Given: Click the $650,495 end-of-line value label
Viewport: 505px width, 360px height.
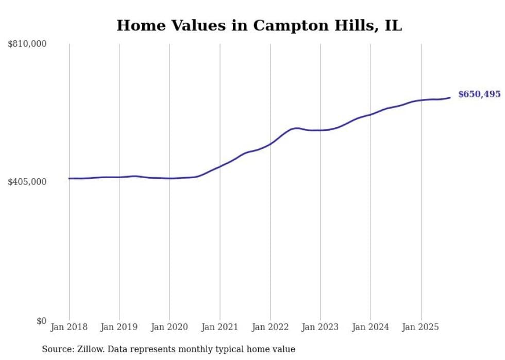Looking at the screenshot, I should (x=479, y=94).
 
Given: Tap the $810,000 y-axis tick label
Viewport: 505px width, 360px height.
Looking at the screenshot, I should (x=27, y=44).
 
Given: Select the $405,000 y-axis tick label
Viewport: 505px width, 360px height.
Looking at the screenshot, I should (x=27, y=182).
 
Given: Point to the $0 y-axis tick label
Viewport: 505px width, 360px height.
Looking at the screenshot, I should (x=41, y=321).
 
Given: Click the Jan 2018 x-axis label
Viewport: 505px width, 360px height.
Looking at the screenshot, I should (x=69, y=327).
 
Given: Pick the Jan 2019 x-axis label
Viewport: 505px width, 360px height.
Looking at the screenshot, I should (x=120, y=327).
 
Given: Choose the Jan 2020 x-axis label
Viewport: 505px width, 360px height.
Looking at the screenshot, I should (x=170, y=327).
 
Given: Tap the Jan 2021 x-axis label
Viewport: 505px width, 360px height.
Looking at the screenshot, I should (x=220, y=327).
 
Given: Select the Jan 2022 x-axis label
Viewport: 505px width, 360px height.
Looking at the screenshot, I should (x=270, y=327).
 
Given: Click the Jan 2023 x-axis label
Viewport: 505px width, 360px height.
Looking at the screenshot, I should (x=320, y=327).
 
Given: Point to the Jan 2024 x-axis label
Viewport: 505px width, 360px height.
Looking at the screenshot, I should (x=371, y=327).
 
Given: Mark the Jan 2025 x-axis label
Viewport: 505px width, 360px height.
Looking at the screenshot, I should (x=420, y=327).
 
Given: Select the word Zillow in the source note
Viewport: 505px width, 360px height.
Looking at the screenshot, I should (x=89, y=349).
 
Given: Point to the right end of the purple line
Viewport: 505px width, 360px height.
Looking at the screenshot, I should (x=450, y=97).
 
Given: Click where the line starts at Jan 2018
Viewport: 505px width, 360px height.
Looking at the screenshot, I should (x=69, y=178).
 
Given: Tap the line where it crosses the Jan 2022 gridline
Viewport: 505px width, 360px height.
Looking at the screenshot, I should (x=270, y=144).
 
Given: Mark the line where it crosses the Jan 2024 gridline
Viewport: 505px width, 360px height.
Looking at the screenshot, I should (x=371, y=114).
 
